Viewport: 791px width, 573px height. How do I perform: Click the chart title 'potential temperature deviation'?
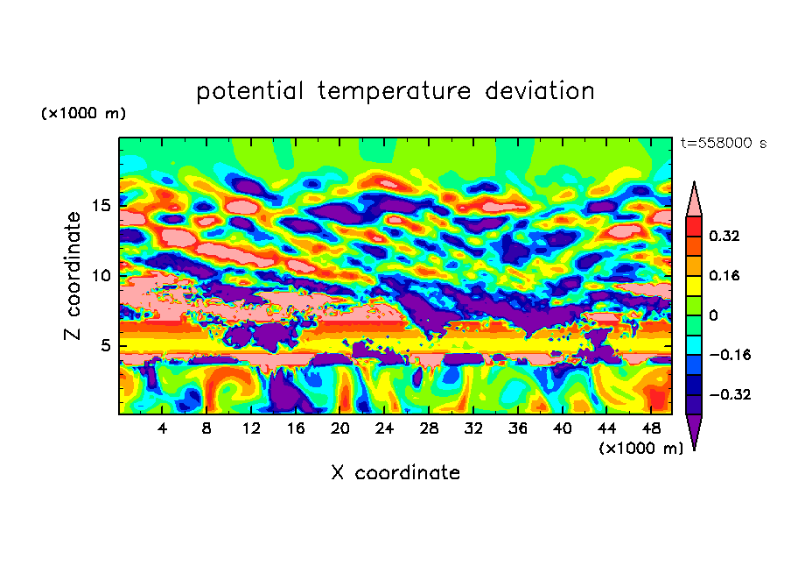[x=395, y=91]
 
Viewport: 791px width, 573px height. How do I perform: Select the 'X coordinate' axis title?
[x=395, y=473]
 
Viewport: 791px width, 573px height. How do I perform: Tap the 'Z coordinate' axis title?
[x=73, y=276]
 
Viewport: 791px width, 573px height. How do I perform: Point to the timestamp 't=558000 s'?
[x=723, y=144]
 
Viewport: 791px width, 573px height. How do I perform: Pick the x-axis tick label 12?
[x=252, y=428]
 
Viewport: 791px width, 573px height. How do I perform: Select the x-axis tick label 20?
[x=340, y=428]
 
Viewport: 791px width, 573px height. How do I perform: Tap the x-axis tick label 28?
[x=429, y=428]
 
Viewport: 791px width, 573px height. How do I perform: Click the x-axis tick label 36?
[x=518, y=428]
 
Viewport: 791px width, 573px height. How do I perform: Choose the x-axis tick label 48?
[x=650, y=428]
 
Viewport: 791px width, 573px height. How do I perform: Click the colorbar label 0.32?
[x=725, y=236]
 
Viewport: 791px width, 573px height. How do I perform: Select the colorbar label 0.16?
[x=725, y=275]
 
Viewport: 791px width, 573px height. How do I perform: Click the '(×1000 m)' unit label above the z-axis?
[x=83, y=114]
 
